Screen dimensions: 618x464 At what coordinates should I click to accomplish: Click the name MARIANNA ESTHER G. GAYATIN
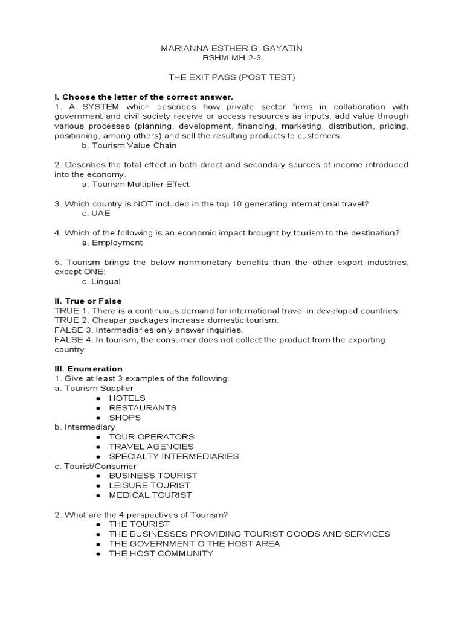232,48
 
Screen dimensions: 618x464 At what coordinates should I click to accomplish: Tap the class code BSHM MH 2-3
232,58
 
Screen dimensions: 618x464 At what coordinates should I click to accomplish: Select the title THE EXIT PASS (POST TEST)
232,77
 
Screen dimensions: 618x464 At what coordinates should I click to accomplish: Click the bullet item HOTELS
127,398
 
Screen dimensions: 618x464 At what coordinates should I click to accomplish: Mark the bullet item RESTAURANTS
143,407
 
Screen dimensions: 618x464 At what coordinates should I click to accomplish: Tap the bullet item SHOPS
124,417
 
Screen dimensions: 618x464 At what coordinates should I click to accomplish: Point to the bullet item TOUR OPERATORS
152,436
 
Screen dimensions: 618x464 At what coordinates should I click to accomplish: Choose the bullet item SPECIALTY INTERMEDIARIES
173,456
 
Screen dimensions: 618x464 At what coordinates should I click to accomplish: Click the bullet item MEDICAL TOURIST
150,495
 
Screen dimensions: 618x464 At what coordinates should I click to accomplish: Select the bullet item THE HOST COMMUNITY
161,553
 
